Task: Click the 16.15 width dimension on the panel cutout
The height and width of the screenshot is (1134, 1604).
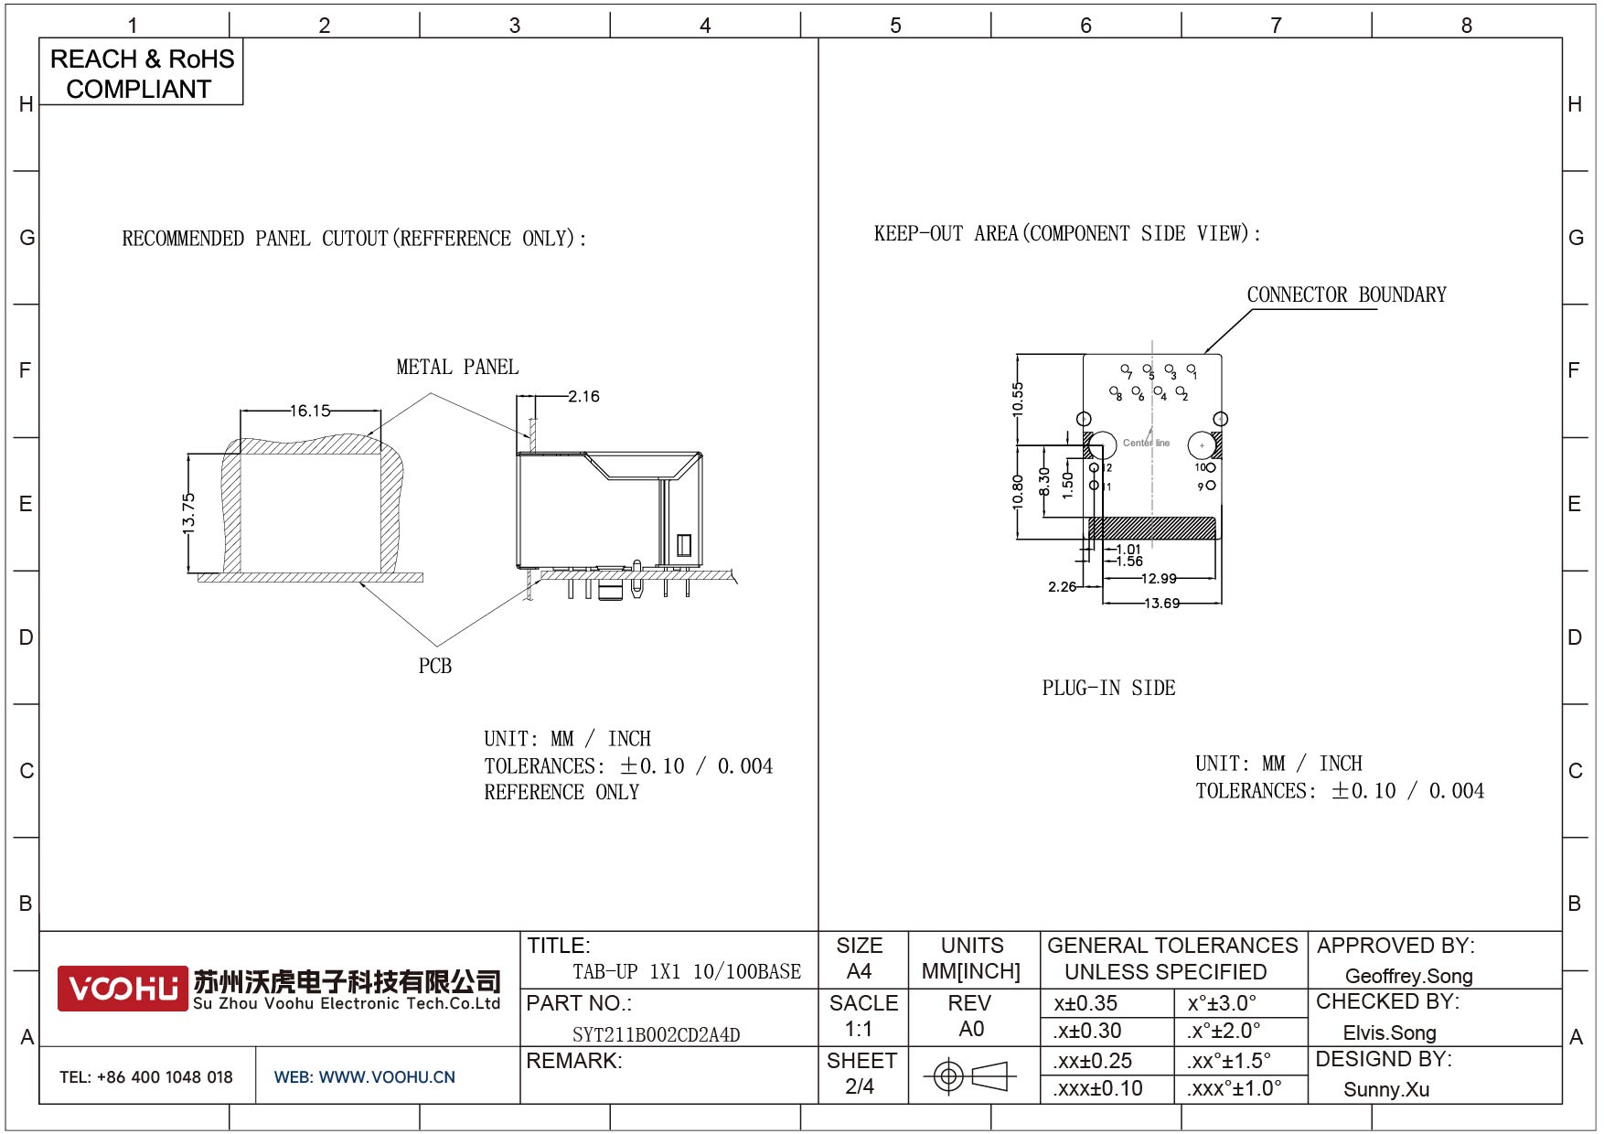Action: [x=310, y=411]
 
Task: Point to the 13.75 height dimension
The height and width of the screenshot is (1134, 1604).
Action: [x=188, y=514]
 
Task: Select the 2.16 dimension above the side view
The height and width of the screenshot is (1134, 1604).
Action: [x=583, y=396]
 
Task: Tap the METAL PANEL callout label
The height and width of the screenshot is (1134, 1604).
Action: [x=457, y=367]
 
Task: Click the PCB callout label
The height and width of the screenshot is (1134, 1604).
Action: [x=435, y=666]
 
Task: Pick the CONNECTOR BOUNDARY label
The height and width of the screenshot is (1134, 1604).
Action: [x=1346, y=294]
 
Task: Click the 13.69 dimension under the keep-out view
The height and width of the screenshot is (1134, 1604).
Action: [x=1161, y=603]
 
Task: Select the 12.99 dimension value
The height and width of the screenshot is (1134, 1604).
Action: [x=1159, y=578]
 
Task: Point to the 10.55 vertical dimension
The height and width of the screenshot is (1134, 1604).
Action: [x=1018, y=400]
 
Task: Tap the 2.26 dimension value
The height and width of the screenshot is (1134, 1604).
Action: [x=1062, y=586]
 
